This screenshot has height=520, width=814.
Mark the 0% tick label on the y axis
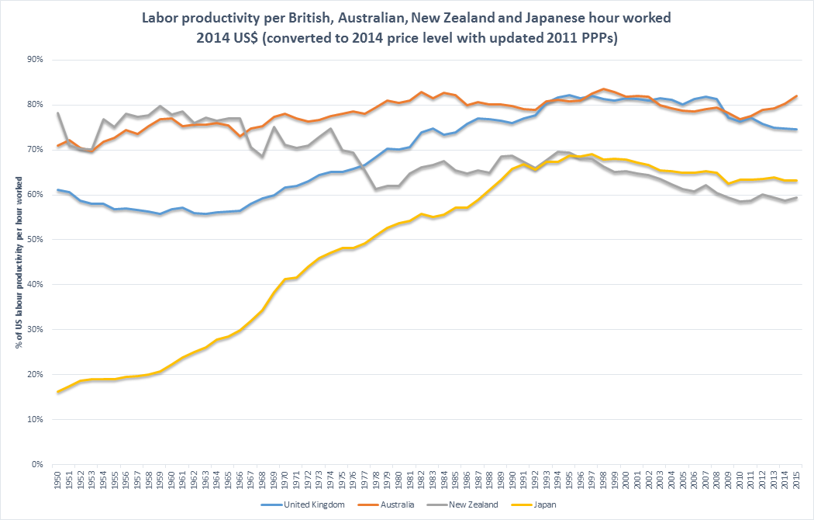pos(36,465)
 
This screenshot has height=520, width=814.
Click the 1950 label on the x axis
pos(57,476)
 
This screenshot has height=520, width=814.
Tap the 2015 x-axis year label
pos(798,476)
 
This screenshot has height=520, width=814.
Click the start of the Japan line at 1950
pos(57,392)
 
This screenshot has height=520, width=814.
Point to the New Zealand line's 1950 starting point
pos(57,113)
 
